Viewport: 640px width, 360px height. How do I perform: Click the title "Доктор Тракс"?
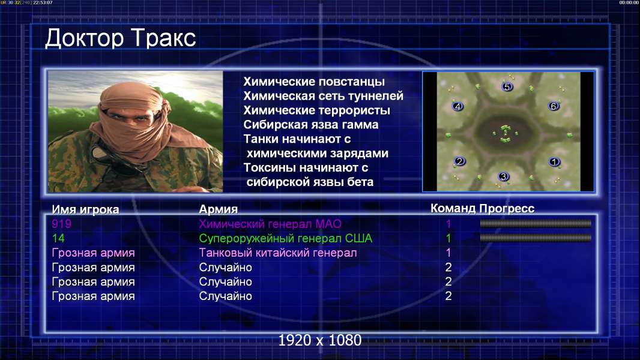click(121, 38)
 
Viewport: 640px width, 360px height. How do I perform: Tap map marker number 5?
click(507, 87)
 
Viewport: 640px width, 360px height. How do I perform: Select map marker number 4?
click(457, 106)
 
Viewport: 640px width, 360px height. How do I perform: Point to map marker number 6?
click(554, 106)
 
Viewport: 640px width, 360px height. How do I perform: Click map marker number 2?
click(460, 161)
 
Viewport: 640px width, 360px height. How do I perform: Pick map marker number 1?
click(554, 162)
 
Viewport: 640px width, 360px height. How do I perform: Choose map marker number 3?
click(504, 176)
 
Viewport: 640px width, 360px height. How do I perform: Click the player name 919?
click(62, 224)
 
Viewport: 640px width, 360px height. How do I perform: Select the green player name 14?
click(58, 238)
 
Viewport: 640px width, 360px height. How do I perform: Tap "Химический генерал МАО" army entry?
click(270, 224)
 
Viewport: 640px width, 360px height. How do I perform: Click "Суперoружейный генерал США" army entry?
click(286, 239)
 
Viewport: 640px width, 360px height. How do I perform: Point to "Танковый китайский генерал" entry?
click(278, 253)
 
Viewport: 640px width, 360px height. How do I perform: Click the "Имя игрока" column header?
click(85, 209)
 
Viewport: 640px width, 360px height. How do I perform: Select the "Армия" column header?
click(219, 209)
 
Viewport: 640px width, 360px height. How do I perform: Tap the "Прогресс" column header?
click(507, 209)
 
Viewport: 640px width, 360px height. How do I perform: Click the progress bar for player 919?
click(536, 223)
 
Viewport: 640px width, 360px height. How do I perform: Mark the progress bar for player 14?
click(536, 238)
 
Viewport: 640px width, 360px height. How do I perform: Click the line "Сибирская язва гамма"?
click(311, 125)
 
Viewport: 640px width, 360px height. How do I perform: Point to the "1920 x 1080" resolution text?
click(320, 340)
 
